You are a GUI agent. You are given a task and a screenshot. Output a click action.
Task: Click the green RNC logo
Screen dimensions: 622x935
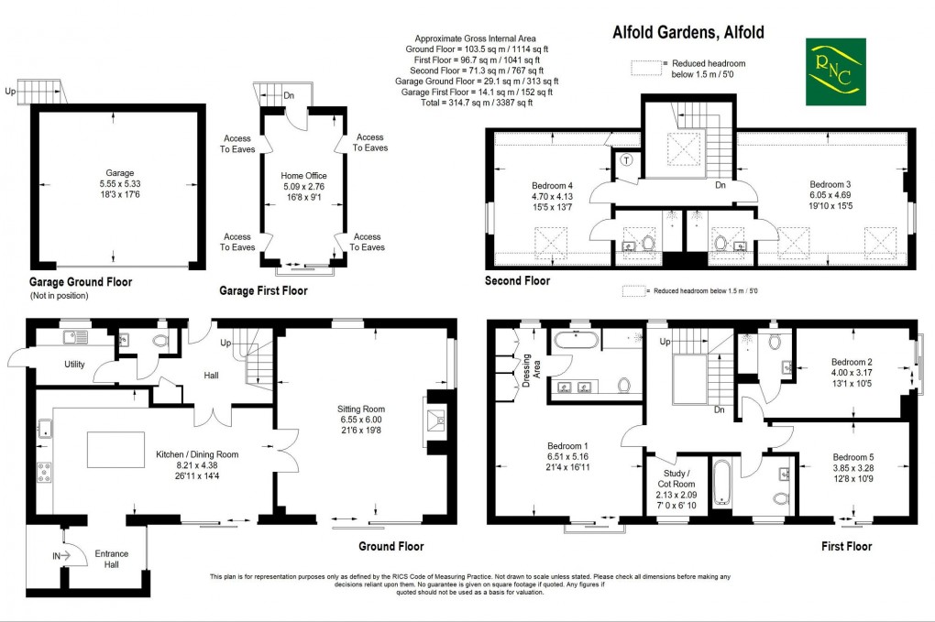tap(835, 72)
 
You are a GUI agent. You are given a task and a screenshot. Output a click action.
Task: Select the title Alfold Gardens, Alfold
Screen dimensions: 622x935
tap(687, 33)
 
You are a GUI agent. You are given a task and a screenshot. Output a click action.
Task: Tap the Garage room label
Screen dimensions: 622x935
tap(119, 172)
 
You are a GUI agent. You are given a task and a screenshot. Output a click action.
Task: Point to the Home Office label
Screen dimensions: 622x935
tap(303, 176)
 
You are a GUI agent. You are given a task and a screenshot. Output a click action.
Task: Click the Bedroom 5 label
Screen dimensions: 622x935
tap(852, 457)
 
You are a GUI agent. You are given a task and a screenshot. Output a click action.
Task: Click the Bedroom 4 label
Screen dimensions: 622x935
tap(552, 183)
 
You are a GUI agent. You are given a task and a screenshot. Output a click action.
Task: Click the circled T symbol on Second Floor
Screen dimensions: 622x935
tap(626, 159)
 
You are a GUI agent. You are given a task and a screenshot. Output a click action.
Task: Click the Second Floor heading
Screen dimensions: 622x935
tap(517, 281)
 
